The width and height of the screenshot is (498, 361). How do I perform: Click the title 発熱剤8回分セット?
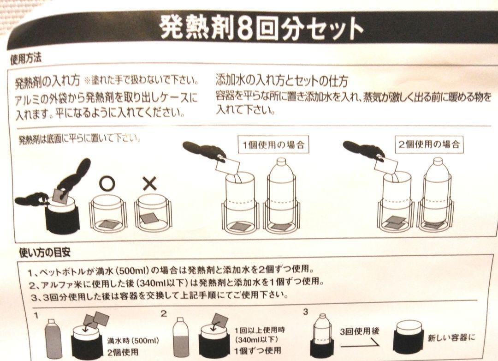[261, 29]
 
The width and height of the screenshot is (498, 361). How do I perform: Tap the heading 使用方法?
[26, 59]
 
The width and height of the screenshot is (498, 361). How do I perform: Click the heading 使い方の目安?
[45, 253]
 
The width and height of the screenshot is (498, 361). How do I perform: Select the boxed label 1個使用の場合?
[273, 145]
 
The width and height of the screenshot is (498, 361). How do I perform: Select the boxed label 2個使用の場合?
[429, 144]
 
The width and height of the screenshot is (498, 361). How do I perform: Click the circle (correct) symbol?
[107, 183]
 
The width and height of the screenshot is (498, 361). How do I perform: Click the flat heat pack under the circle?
[108, 224]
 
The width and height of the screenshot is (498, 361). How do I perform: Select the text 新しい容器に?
[451, 338]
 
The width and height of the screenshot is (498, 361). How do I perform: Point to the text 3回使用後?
[359, 331]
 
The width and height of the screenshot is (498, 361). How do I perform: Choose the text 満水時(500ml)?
[133, 341]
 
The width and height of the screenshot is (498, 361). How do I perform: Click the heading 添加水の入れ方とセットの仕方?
[282, 81]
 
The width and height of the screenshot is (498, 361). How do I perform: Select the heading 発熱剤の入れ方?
[48, 81]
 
